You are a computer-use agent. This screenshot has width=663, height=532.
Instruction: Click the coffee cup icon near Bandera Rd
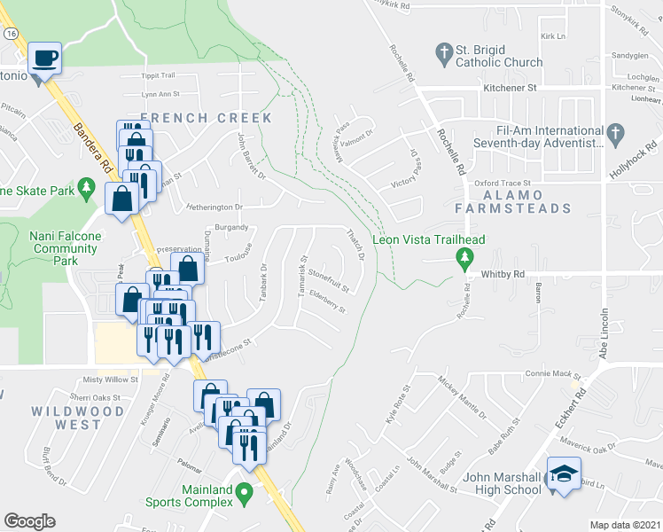tap(44, 59)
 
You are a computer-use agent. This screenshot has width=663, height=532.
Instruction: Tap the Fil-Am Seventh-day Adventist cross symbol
tap(615, 136)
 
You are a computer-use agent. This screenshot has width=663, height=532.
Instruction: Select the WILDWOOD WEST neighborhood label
tap(78, 418)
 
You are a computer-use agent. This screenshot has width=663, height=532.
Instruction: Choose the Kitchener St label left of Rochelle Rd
tap(510, 89)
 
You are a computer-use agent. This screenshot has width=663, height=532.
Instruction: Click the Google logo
tap(29, 521)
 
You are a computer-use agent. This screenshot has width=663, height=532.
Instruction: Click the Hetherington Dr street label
tap(214, 207)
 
